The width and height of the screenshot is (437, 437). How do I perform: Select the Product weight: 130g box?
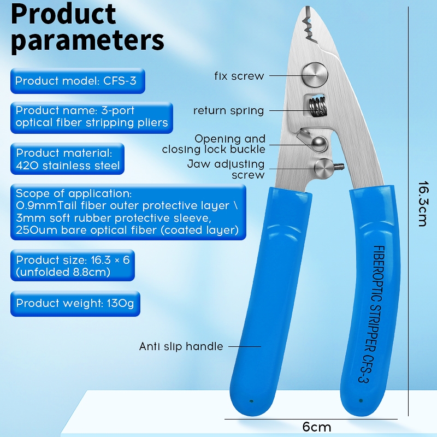point(75,303)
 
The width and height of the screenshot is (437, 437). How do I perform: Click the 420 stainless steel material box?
point(68,158)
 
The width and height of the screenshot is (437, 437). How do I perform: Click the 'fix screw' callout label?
point(239,76)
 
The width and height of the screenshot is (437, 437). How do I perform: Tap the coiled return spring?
point(315,105)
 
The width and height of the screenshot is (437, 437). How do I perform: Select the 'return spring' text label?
point(228,111)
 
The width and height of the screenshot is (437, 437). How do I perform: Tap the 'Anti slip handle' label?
point(181,346)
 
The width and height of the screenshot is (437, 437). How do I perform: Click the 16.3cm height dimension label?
point(421,204)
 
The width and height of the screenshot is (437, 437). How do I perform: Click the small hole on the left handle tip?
point(251,400)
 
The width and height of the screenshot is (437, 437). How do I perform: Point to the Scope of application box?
point(127,212)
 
